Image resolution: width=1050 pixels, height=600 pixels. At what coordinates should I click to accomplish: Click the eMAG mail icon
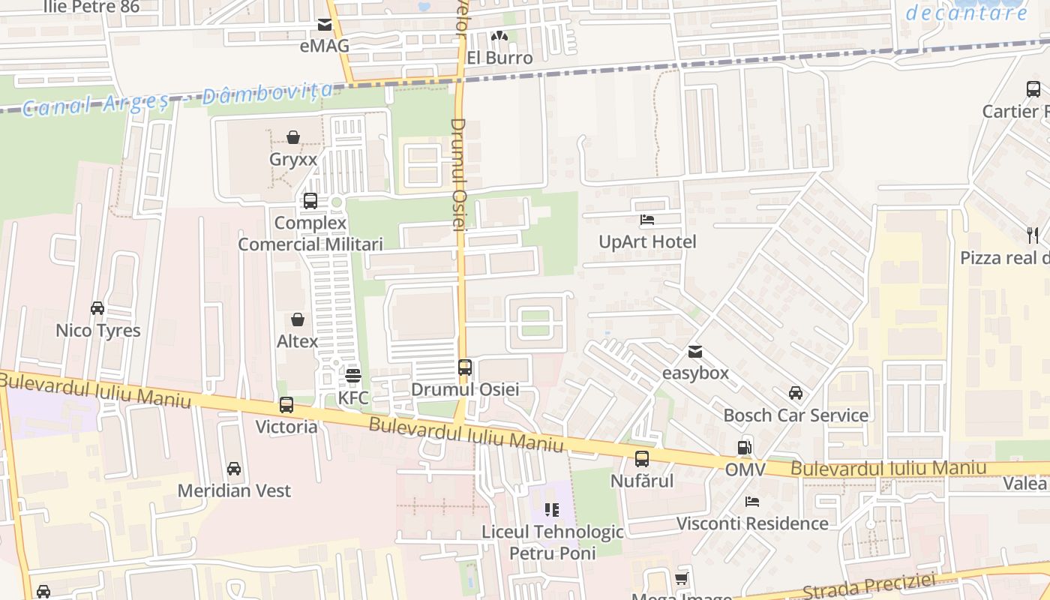(x=325, y=25)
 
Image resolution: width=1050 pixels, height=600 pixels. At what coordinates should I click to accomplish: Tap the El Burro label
(x=499, y=58)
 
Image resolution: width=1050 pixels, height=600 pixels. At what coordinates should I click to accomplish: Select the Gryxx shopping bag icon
(x=293, y=137)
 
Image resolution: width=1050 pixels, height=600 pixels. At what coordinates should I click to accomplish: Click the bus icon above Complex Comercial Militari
(x=310, y=201)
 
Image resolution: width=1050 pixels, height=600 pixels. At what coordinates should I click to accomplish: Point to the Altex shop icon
(x=298, y=319)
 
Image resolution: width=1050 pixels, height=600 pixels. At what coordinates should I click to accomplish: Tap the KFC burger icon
(x=352, y=375)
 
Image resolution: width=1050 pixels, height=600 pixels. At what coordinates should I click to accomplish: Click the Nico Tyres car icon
(x=97, y=308)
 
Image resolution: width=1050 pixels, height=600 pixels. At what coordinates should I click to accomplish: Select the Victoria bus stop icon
(x=286, y=405)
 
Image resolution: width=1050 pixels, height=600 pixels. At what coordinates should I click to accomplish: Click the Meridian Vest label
(x=234, y=490)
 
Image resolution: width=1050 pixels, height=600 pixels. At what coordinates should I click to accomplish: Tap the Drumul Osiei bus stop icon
(x=465, y=367)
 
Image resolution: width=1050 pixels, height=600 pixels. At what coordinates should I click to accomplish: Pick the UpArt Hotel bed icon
(x=647, y=220)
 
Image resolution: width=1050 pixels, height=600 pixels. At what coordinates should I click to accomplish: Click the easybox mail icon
(x=695, y=351)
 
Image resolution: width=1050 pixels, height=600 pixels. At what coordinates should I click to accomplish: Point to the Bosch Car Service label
(x=796, y=415)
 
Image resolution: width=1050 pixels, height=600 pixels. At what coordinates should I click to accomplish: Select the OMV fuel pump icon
(x=744, y=448)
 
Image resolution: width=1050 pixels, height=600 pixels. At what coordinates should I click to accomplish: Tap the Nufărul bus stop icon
(x=642, y=459)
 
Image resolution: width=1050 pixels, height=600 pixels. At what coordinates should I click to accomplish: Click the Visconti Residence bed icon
(x=752, y=501)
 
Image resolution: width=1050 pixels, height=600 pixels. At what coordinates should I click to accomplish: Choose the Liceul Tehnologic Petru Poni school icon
(x=552, y=511)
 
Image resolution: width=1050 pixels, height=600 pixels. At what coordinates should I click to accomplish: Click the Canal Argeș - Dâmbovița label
(x=177, y=100)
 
